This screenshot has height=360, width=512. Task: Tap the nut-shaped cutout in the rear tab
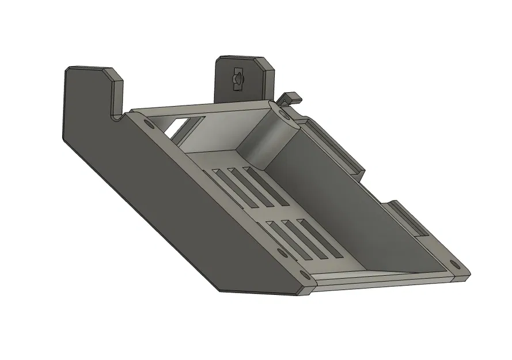tap(237, 78)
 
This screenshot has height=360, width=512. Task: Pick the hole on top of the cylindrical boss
tap(284, 115)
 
